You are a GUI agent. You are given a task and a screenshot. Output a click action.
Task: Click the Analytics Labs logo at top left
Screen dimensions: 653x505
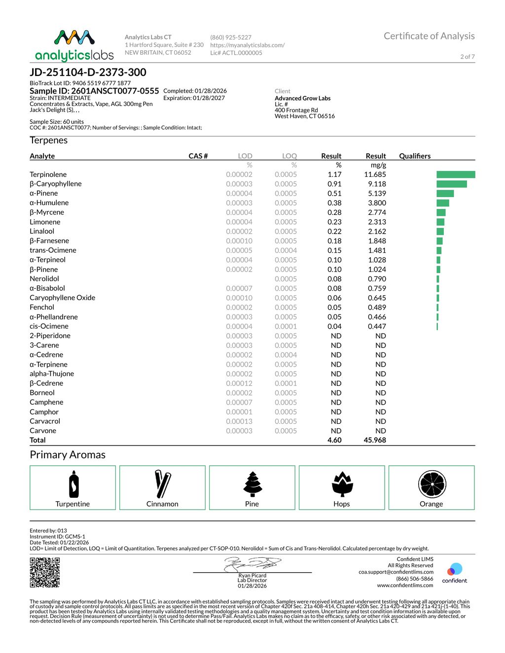[74, 45]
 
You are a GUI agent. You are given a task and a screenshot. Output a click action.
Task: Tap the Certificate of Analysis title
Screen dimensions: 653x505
[429, 36]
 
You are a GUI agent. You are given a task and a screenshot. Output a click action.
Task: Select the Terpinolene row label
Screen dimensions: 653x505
[48, 174]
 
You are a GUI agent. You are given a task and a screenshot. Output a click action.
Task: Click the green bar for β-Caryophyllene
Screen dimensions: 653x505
[451, 184]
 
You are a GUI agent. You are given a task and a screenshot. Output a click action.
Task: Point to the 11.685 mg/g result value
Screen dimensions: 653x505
[375, 174]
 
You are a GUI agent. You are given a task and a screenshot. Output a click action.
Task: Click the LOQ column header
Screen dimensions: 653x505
[289, 156]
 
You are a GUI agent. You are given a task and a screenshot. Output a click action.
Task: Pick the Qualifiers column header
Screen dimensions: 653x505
[415, 156]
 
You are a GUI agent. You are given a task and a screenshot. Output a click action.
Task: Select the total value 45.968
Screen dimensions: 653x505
[375, 440]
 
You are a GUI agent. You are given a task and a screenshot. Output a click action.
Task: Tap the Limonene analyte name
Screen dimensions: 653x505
[45, 222]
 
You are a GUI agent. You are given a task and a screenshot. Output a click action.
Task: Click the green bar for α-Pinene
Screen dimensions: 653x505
[445, 193]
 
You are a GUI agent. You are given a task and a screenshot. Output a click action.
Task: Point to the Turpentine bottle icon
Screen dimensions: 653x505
[73, 484]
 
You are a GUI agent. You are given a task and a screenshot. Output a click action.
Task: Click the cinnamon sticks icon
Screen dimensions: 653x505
[162, 484]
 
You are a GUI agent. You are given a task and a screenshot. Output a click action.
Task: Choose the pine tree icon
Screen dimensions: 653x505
[252, 484]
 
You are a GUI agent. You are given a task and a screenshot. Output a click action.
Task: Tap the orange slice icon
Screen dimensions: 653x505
[432, 484]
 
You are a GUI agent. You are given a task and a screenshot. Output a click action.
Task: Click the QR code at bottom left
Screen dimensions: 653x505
[45, 572]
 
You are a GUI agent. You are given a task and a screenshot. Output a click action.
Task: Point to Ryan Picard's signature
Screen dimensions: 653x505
[252, 564]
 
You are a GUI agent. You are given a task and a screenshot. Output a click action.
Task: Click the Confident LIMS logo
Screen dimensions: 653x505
[454, 573]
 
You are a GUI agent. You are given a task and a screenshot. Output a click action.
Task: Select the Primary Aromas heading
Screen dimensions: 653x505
[68, 454]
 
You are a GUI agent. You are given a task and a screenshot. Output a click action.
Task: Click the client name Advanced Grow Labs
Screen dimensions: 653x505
[302, 98]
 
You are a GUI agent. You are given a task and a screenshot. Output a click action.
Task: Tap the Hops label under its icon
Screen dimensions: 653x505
[341, 504]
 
